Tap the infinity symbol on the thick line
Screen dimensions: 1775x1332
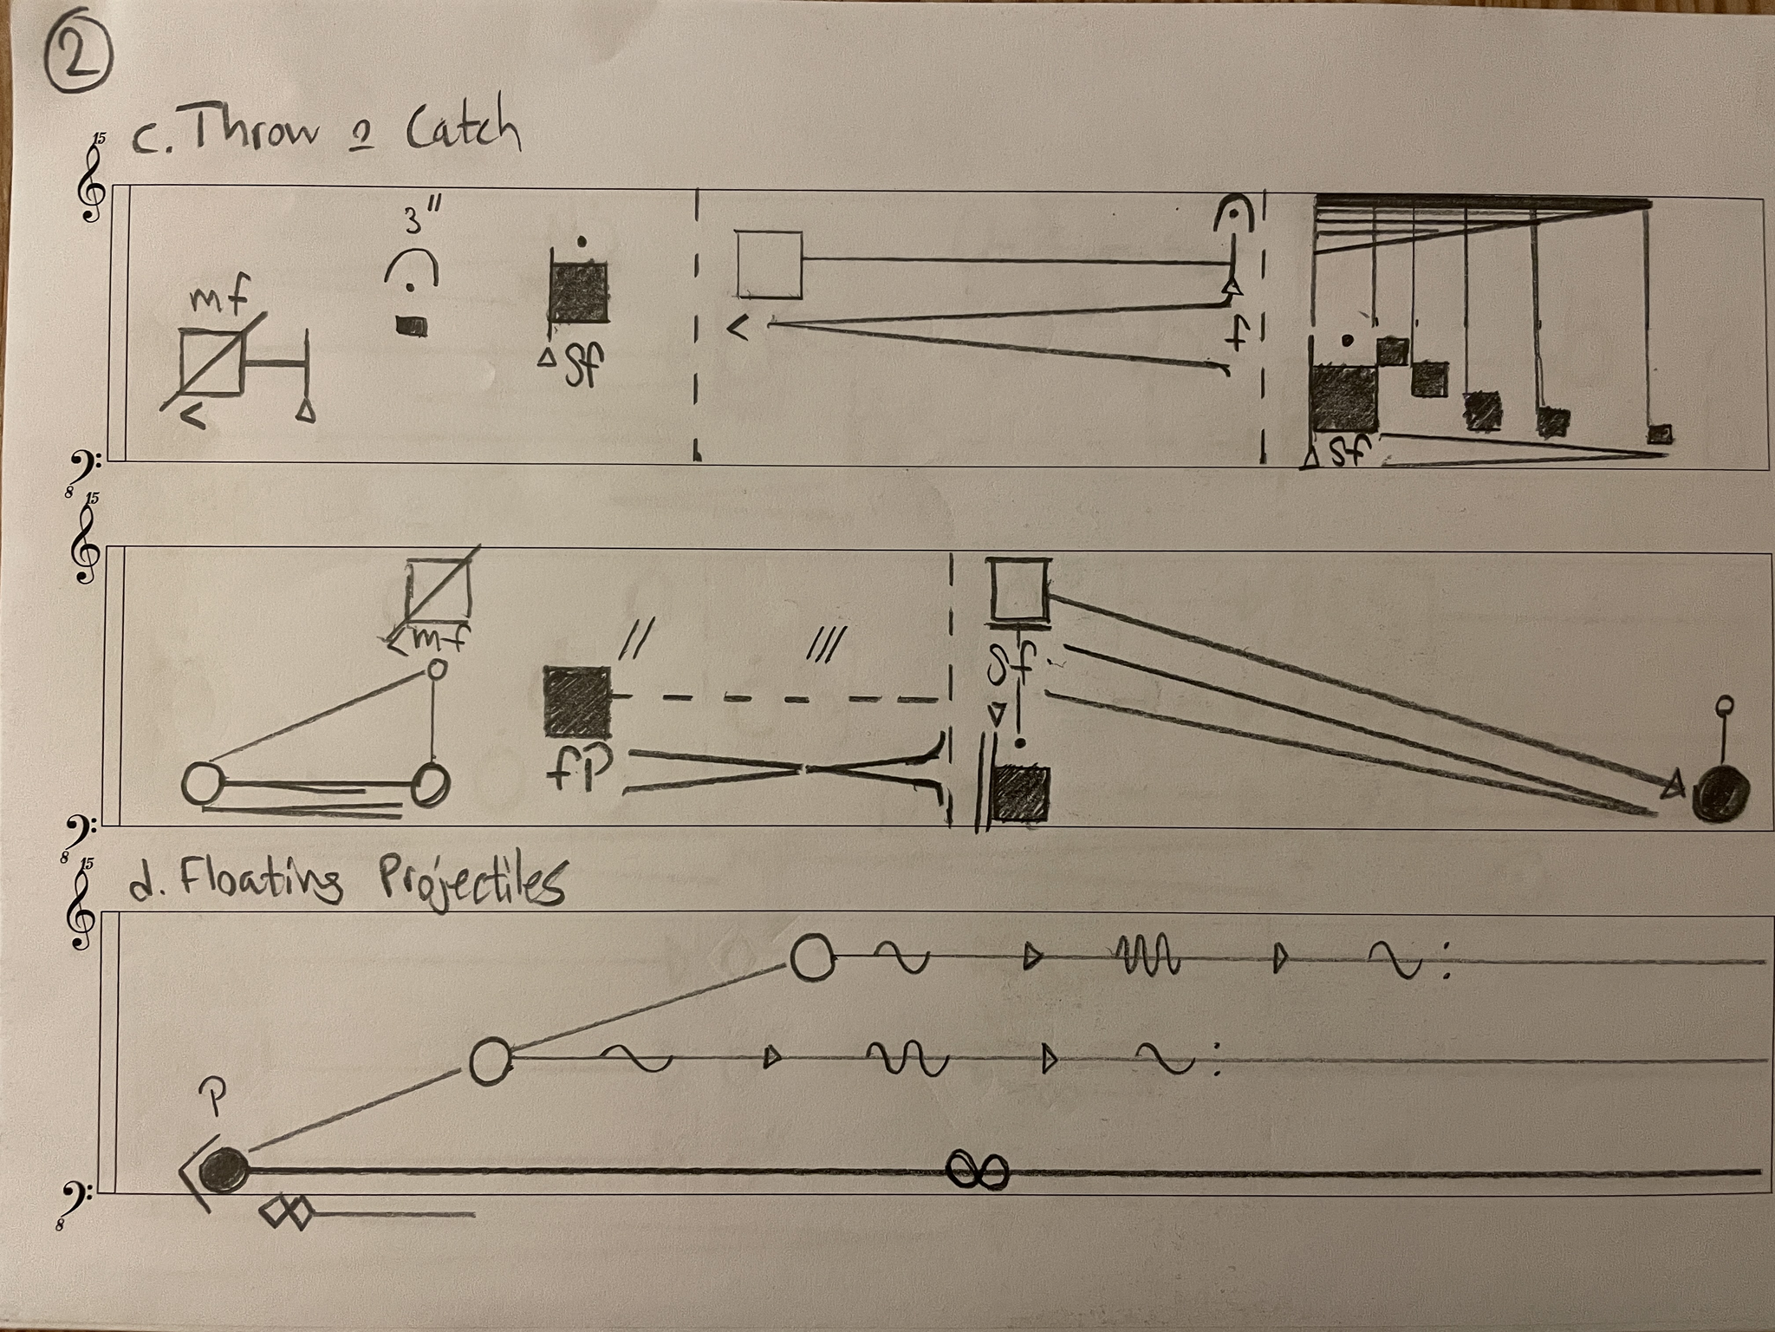point(977,1170)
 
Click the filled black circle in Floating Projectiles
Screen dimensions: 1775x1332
point(224,1169)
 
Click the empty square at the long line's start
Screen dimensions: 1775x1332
point(770,264)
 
